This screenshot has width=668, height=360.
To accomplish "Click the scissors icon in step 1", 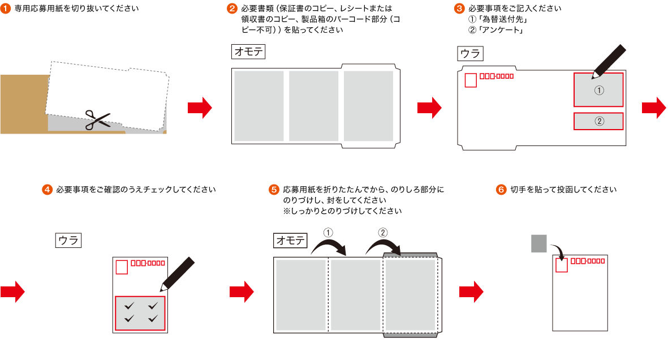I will pyautogui.click(x=97, y=119).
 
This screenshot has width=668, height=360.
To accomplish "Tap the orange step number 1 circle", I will pyautogui.click(x=6, y=9).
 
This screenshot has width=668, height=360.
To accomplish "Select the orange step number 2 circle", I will pyautogui.click(x=232, y=9).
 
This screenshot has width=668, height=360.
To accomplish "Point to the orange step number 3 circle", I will pyautogui.click(x=460, y=9).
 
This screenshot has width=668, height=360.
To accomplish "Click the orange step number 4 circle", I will pyautogui.click(x=48, y=190).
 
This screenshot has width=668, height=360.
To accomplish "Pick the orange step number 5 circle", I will pyautogui.click(x=274, y=190).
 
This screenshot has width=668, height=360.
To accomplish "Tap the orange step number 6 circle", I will pyautogui.click(x=501, y=190).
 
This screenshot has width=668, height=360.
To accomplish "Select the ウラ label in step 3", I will pyautogui.click(x=470, y=54).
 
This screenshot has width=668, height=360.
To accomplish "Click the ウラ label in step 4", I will pyautogui.click(x=69, y=241).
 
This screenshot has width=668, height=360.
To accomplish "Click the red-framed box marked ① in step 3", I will pyautogui.click(x=598, y=89).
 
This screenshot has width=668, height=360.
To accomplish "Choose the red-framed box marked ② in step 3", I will pyautogui.click(x=598, y=121).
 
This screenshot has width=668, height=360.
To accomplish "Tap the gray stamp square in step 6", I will pyautogui.click(x=539, y=243).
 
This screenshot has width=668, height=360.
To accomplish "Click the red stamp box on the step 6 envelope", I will pyautogui.click(x=561, y=265).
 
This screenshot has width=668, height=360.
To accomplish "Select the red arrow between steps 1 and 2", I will pyautogui.click(x=199, y=108).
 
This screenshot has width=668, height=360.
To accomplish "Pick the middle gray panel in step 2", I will pyautogui.click(x=313, y=106).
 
